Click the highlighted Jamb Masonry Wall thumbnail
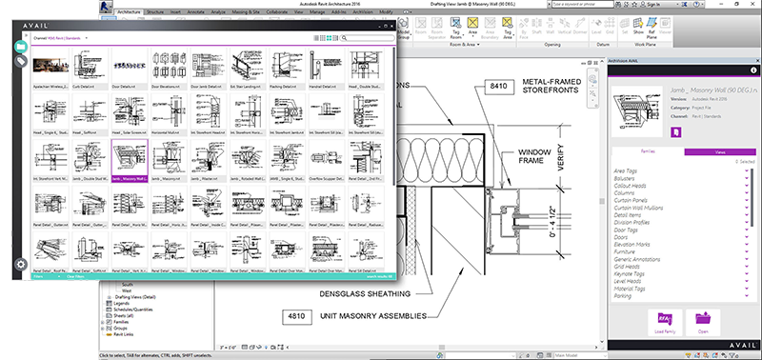pyautogui.click(x=129, y=157)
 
